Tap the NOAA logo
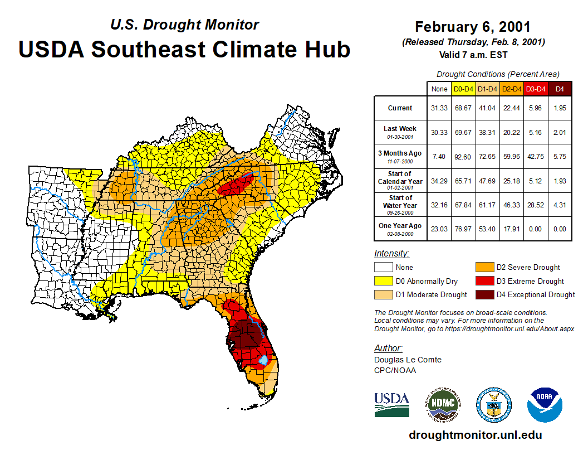[545, 404]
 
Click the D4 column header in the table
[560, 89]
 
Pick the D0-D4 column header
[463, 89]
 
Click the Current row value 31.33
[439, 108]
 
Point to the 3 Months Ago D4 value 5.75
[560, 156]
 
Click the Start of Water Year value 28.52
[536, 205]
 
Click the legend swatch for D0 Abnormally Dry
[383, 281]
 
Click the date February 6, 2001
[473, 27]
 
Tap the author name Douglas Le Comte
[408, 360]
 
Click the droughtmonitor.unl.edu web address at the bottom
[475, 435]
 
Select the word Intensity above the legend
[391, 253]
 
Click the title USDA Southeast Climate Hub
[184, 49]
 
